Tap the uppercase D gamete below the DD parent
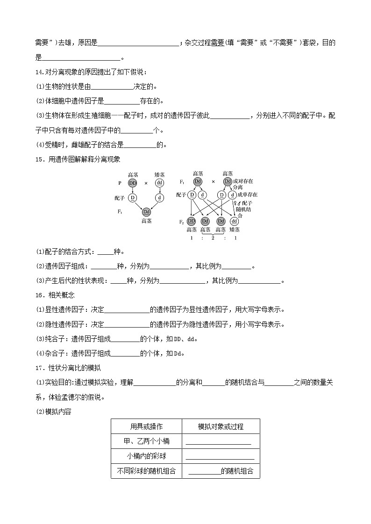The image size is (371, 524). click(x=133, y=198)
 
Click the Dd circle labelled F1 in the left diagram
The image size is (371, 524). click(x=146, y=212)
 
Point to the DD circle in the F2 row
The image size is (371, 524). click(x=191, y=221)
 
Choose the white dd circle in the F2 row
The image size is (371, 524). click(x=234, y=221)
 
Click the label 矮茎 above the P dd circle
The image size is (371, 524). click(x=160, y=175)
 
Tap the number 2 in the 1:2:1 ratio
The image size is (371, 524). click(x=213, y=238)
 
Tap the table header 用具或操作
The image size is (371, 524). click(x=146, y=426)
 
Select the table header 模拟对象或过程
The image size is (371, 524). click(x=221, y=426)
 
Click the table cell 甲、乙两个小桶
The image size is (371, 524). click(x=146, y=441)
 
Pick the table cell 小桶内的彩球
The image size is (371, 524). click(x=146, y=456)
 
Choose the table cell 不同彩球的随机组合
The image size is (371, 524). click(x=146, y=471)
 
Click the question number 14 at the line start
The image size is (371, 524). click(x=39, y=72)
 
